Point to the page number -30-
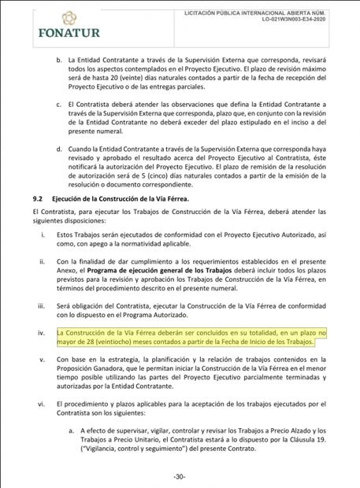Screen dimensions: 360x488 pos(180,477)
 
